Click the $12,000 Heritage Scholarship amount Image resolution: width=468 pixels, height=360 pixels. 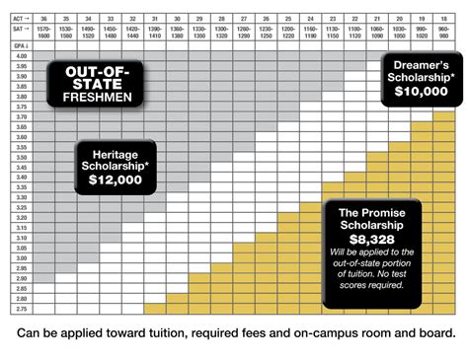pos(114,180)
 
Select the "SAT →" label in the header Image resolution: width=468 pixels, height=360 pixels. pos(18,32)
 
